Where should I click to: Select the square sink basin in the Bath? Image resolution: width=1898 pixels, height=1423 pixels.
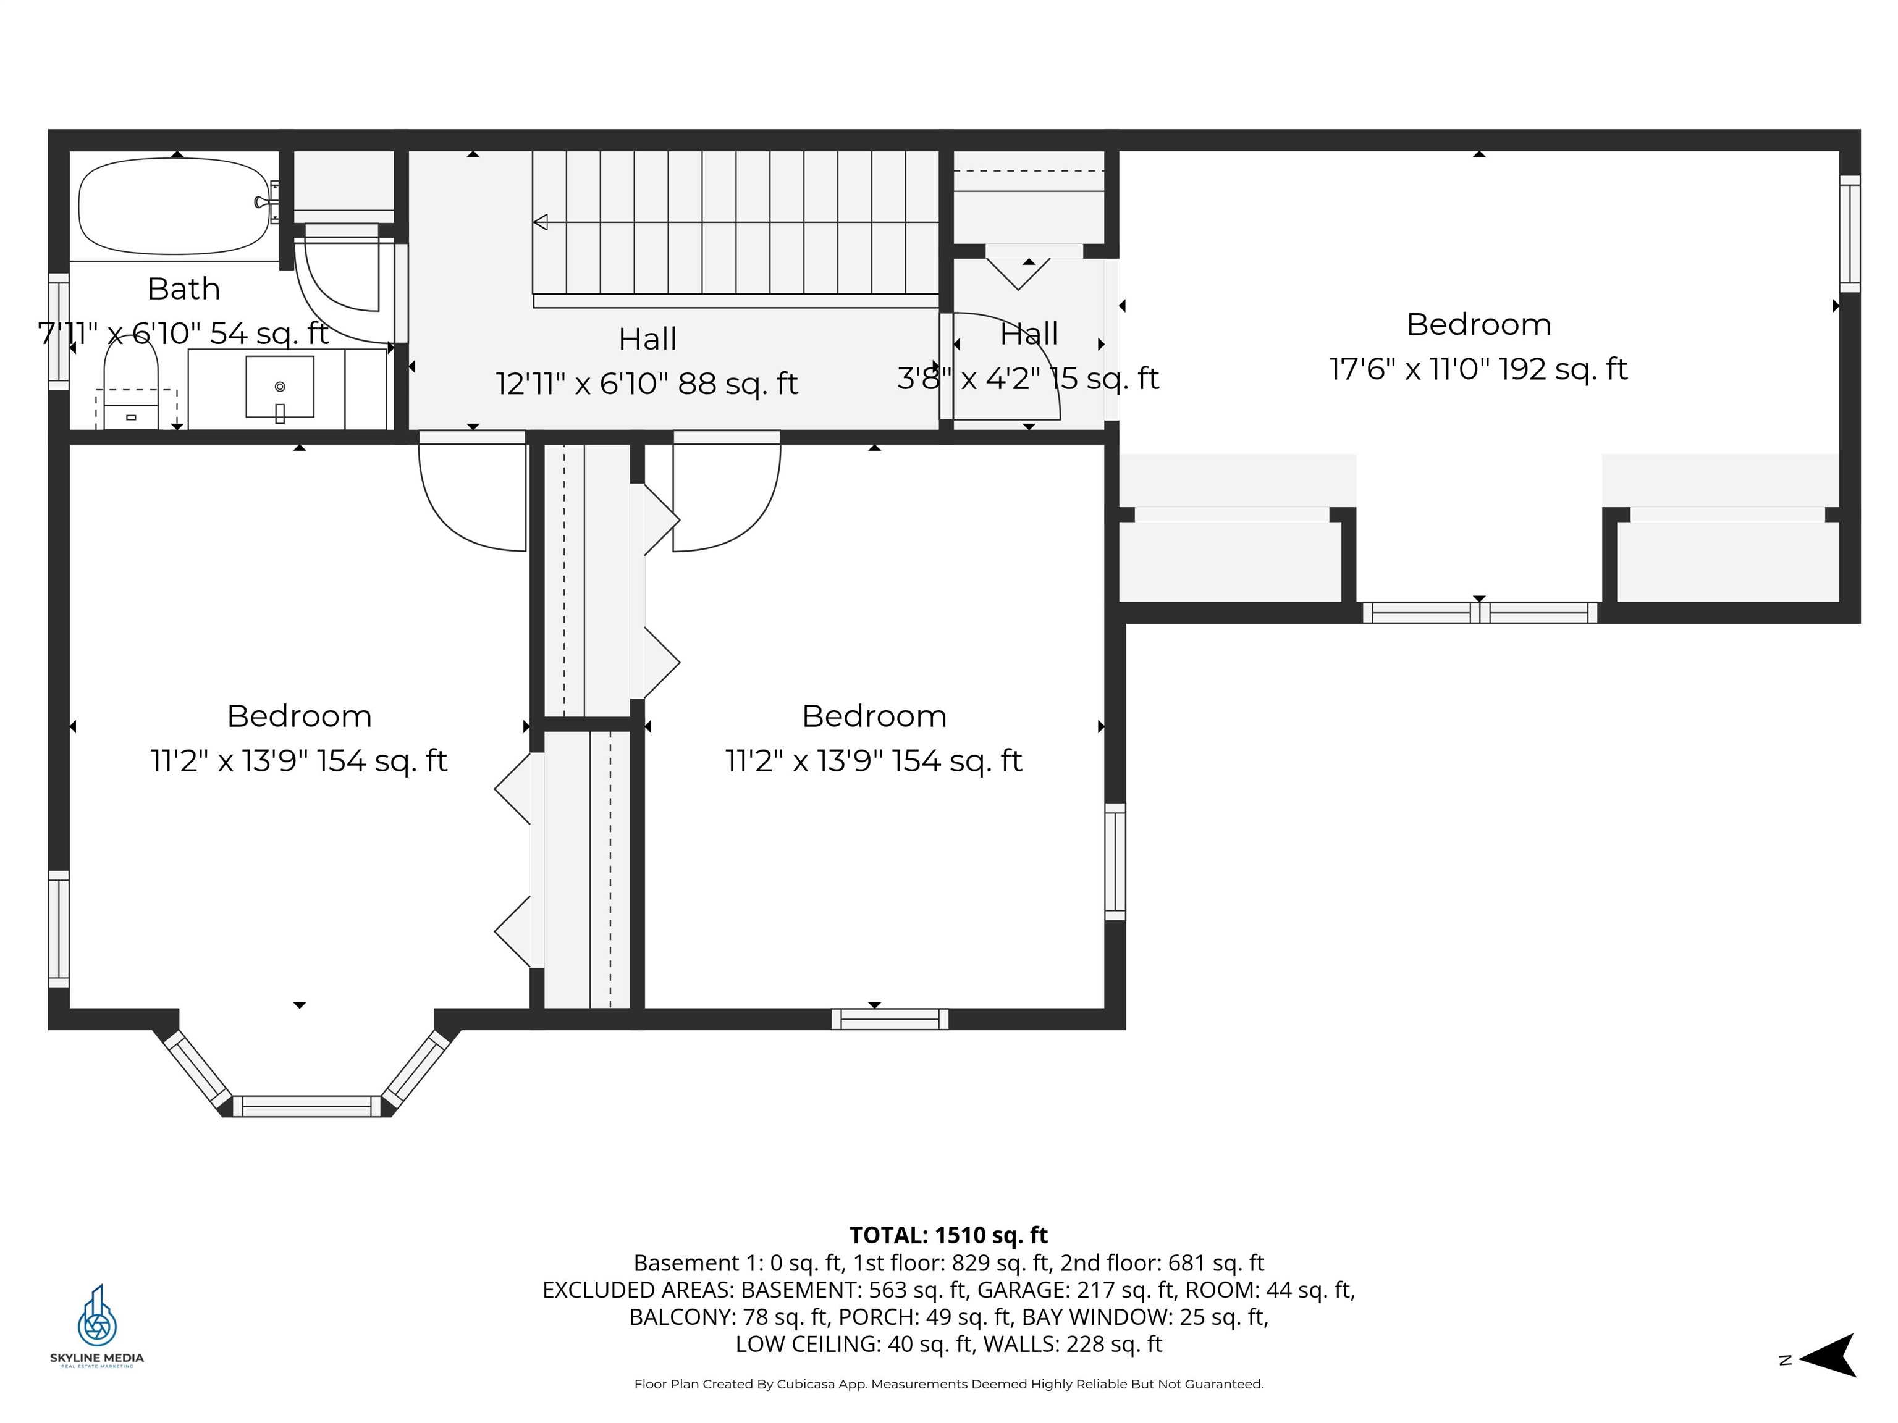pos(280,387)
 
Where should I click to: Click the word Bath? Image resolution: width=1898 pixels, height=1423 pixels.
pos(183,288)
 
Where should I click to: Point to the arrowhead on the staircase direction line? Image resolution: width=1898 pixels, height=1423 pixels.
pos(541,222)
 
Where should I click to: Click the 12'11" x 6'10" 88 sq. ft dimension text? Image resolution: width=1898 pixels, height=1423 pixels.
pos(647,384)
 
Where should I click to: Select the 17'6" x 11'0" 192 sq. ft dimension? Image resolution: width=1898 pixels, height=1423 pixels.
pos(1478,369)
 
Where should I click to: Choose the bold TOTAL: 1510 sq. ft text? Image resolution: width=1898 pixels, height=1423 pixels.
pos(948,1235)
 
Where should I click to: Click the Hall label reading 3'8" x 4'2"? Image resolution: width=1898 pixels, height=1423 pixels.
pos(1028,377)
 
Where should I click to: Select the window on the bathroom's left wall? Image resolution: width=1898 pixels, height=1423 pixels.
pos(58,331)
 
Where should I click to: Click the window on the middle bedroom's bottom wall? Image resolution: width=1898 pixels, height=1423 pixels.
pos(890,1019)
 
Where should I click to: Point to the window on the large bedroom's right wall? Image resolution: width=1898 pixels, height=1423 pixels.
pos(1850,234)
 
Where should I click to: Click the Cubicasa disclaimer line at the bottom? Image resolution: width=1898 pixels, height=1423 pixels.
pos(948,1383)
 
